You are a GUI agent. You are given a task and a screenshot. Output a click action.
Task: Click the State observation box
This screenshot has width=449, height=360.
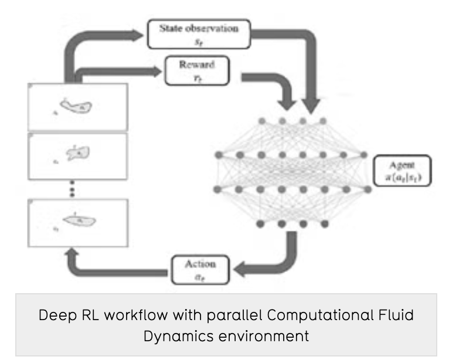pyautogui.click(x=200, y=33)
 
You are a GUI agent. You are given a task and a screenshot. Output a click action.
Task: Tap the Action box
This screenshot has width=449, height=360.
pyautogui.click(x=200, y=269)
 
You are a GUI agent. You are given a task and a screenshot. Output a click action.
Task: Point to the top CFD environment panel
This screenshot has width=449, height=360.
pyautogui.click(x=78, y=107)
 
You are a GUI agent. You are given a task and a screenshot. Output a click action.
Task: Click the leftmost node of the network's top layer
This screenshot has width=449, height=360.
pyautogui.click(x=261, y=121)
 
